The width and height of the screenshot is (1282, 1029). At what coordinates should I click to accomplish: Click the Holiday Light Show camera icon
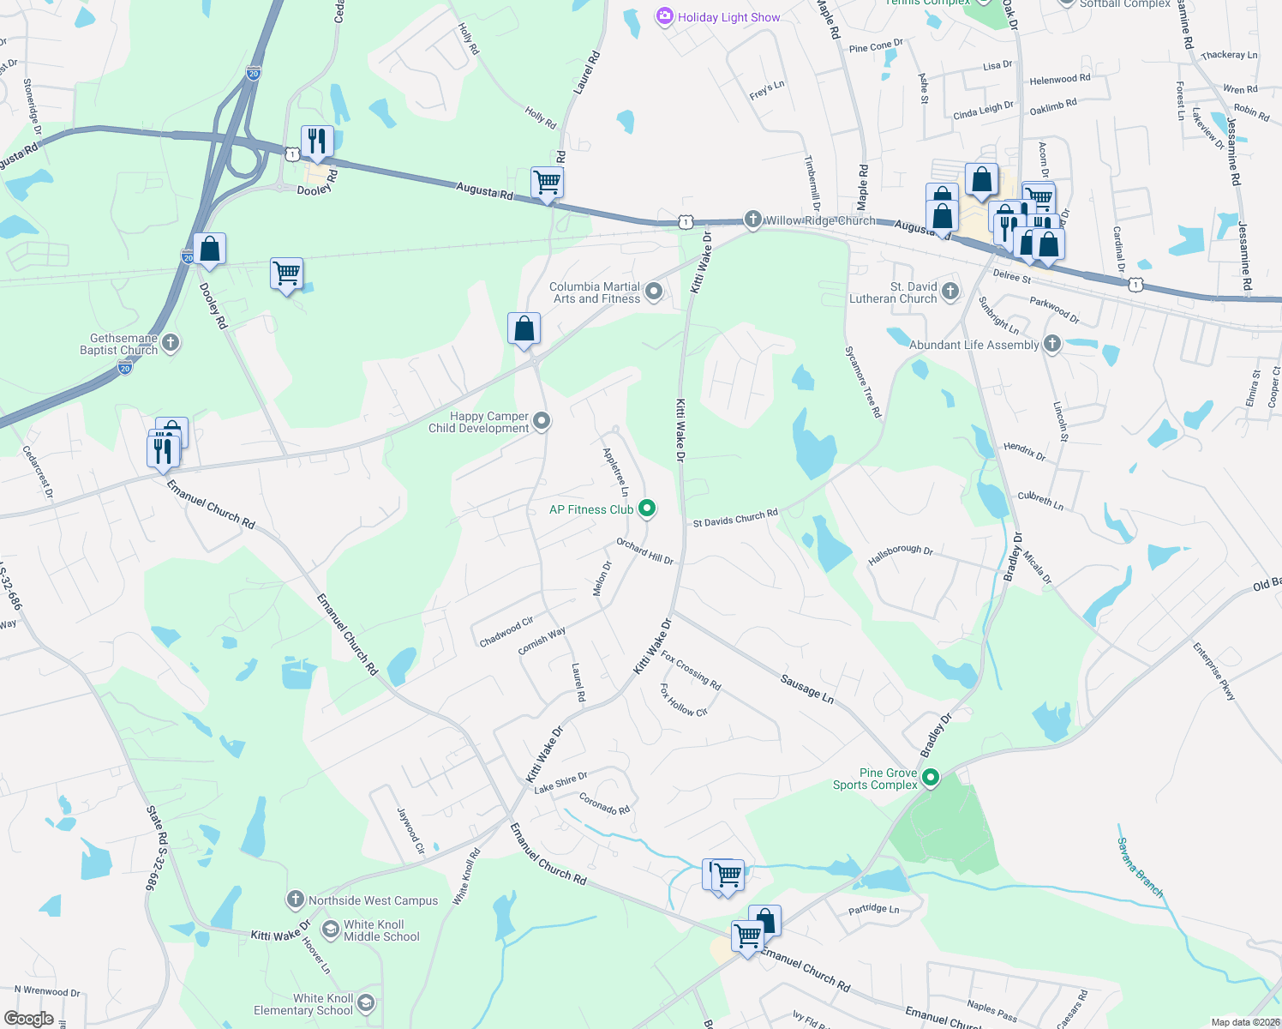[664, 16]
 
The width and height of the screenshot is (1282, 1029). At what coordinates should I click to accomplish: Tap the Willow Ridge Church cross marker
[752, 220]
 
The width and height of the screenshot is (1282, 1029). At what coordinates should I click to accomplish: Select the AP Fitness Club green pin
[647, 508]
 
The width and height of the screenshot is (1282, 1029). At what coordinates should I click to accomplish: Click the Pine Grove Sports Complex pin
[930, 778]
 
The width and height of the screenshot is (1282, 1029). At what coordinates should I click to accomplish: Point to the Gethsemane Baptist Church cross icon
[171, 344]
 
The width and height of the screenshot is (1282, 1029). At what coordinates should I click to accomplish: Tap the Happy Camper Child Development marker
[541, 421]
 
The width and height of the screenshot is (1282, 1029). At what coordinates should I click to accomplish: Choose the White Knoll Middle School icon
[330, 930]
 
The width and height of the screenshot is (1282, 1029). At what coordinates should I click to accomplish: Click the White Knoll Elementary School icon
[366, 1003]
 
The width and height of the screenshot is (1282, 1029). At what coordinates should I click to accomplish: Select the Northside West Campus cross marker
[295, 900]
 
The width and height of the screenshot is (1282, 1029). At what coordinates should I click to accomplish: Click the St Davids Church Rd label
[735, 518]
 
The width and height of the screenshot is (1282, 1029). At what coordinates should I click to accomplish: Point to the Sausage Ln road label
[806, 689]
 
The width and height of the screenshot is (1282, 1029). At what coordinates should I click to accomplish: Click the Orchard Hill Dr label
[645, 551]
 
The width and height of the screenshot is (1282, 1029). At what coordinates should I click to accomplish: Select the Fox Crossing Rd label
[691, 670]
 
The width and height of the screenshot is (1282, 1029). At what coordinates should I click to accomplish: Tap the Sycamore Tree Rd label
[863, 382]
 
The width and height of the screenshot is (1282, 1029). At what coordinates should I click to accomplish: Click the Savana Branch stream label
[1140, 868]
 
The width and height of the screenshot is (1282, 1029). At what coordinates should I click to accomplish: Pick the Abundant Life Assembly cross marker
[1052, 344]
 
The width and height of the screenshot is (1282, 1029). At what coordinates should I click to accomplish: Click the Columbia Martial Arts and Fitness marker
[654, 292]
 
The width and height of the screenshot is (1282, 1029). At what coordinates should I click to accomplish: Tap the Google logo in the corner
[29, 1018]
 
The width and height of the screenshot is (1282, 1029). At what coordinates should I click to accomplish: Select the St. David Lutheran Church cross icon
[950, 292]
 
